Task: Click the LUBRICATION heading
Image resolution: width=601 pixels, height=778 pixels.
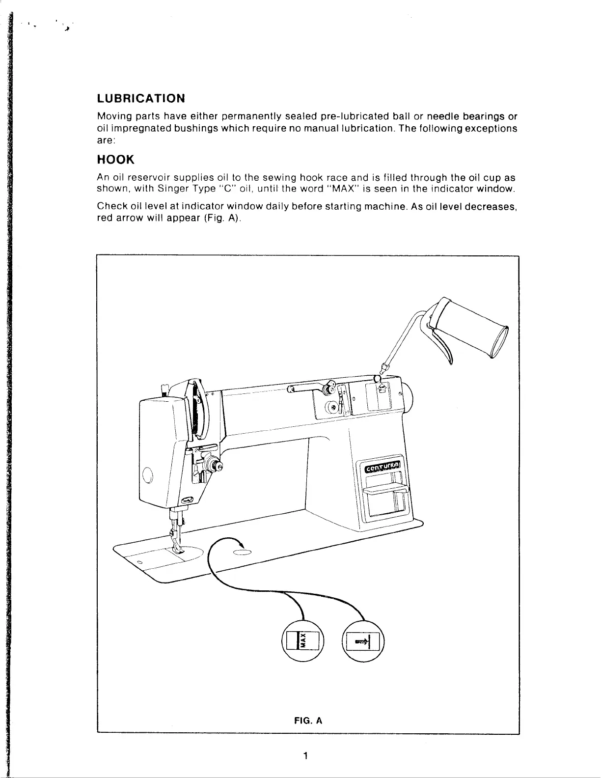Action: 141,98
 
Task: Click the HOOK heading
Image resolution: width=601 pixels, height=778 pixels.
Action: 115,160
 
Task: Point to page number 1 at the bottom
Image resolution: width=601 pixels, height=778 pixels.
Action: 305,755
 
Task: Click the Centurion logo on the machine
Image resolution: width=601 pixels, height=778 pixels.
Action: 384,468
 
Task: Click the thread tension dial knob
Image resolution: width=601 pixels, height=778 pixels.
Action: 213,463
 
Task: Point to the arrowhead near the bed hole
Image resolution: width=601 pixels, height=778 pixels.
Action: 241,542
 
